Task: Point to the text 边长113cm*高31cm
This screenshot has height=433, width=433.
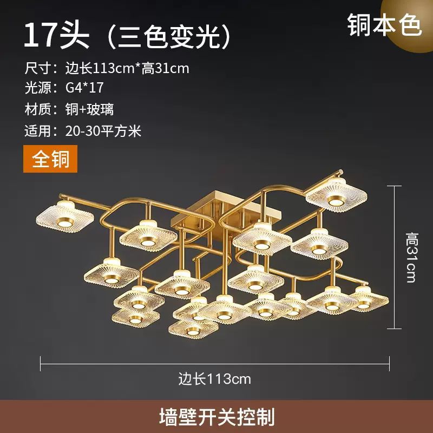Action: tap(127, 68)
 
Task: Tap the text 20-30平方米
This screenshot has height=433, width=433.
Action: tap(103, 131)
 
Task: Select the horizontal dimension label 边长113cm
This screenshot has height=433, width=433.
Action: tap(215, 379)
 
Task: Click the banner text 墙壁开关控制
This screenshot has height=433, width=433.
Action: tap(216, 417)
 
